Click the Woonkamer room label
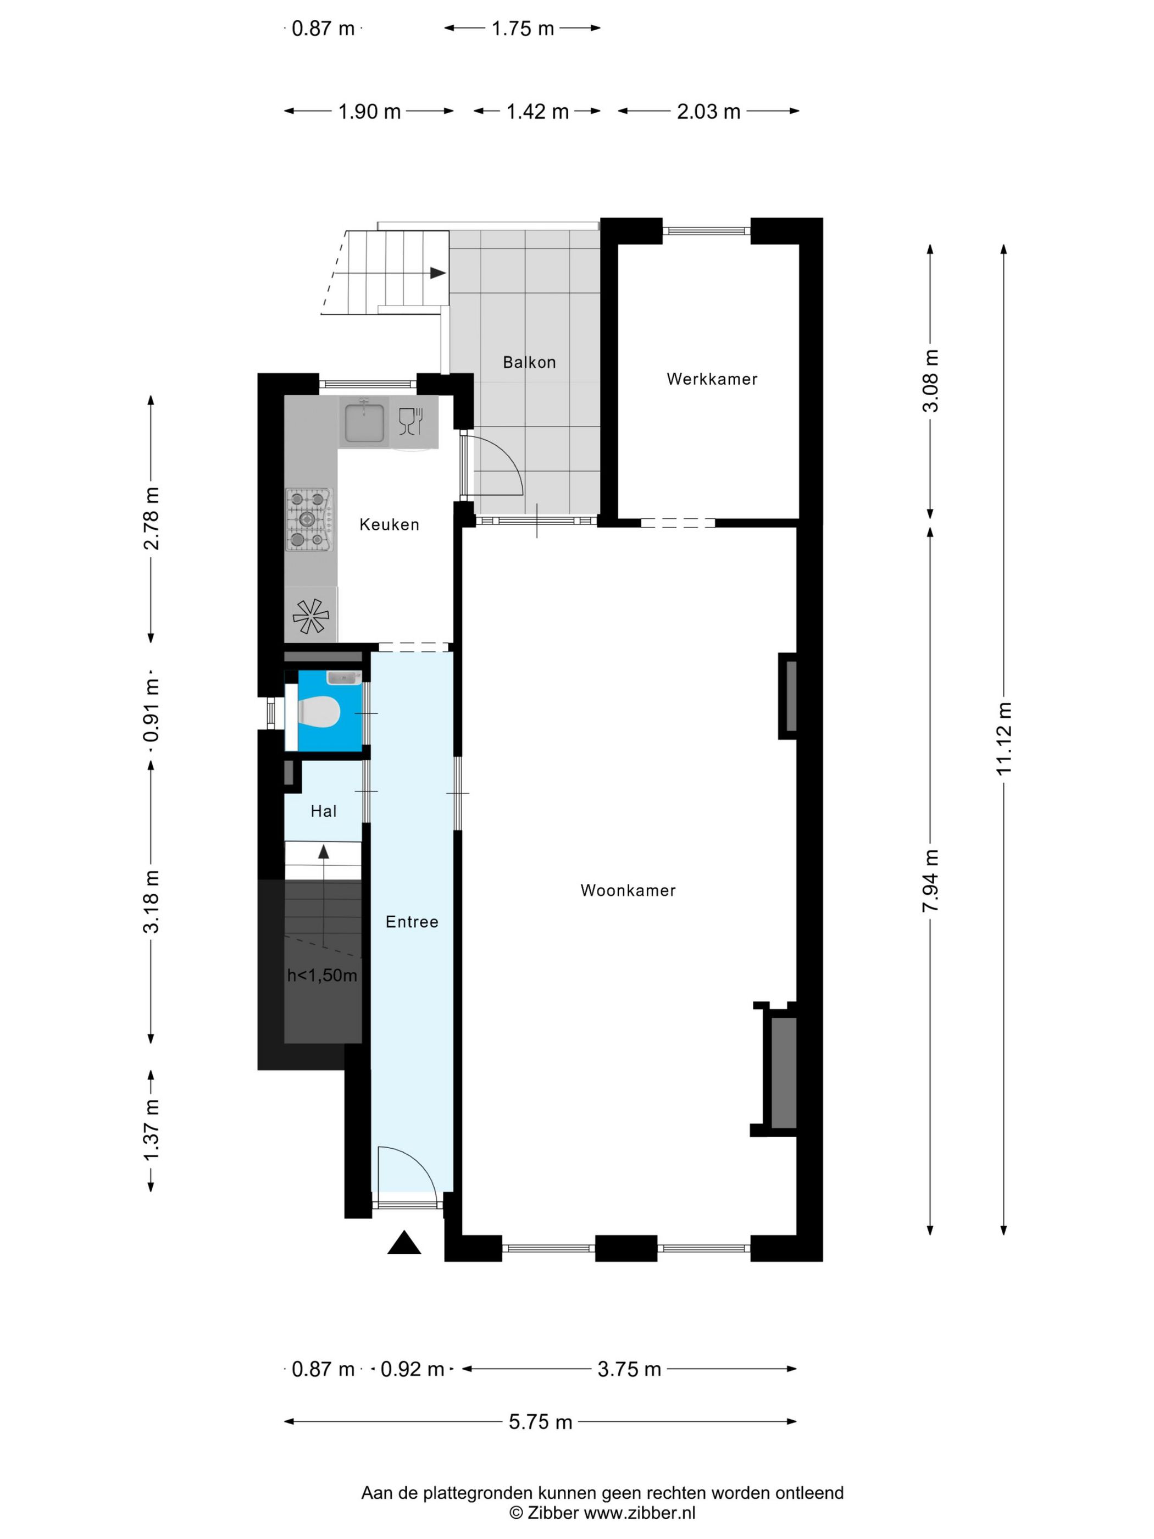click(628, 890)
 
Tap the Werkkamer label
click(712, 379)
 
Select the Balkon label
click(529, 362)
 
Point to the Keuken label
click(389, 524)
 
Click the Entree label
click(412, 922)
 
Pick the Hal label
click(324, 811)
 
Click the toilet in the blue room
click(319, 712)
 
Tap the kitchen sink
click(364, 421)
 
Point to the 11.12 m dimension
click(1003, 739)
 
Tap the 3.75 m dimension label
click(629, 1369)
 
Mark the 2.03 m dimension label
click(708, 112)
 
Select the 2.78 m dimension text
click(151, 519)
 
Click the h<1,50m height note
click(322, 976)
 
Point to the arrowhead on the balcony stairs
click(438, 273)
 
